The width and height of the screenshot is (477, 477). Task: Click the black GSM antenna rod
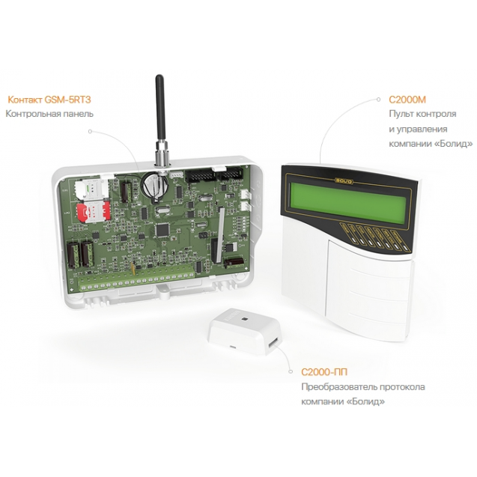pos(159,108)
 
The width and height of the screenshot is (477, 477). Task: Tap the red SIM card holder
pos(93,212)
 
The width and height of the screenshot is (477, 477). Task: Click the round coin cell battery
pos(155,185)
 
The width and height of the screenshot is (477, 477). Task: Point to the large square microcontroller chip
pos(162,229)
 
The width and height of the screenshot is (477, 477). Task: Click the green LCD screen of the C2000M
pos(347,201)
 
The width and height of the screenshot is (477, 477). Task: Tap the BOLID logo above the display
pos(344,181)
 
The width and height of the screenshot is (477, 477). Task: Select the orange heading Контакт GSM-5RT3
pos(49,100)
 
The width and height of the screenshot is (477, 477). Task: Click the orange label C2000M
pos(407,100)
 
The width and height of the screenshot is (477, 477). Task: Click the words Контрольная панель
pos(49,114)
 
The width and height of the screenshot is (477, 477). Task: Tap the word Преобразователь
pos(338,387)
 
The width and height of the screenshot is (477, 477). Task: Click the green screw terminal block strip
pos(136,282)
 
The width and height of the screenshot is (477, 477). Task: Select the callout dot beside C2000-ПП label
pos(291,371)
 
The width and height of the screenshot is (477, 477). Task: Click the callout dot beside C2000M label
pos(378,99)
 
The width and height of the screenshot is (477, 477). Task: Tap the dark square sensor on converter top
pos(244,319)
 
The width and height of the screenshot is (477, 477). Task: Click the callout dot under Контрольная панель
pos(90,132)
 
